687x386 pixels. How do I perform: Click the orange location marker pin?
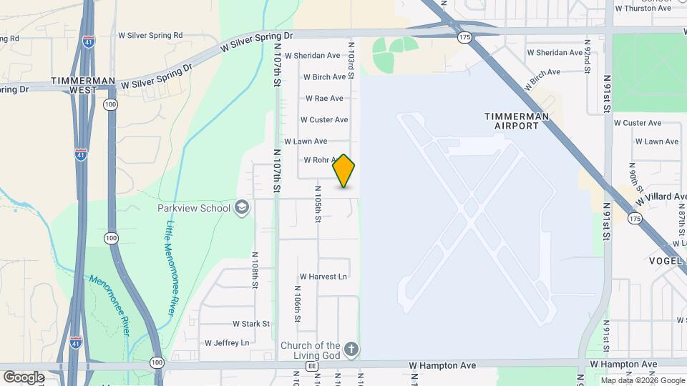pos(343,171)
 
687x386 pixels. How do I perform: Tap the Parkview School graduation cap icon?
pos(242,208)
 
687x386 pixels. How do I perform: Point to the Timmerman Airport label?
pos(517,121)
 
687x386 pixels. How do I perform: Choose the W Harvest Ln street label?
pos(323,276)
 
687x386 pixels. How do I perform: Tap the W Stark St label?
pos(245,324)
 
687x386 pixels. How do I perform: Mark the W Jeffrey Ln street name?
pos(227,343)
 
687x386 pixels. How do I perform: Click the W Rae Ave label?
pos(324,98)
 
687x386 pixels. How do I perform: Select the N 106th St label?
pos(296,303)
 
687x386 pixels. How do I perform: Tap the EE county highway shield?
pos(311,365)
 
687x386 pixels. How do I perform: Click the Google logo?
pos(24,377)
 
